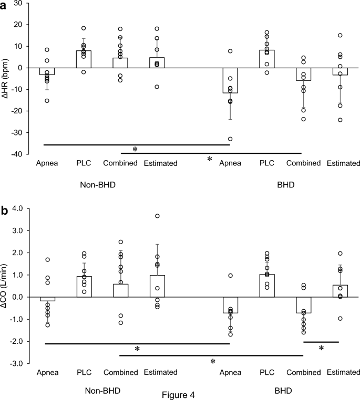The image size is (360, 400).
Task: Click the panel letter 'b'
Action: (5, 211)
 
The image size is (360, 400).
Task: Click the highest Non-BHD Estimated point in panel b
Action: (157, 216)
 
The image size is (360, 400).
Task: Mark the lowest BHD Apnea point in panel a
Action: (230, 139)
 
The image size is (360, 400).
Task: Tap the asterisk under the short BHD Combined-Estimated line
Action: (321, 348)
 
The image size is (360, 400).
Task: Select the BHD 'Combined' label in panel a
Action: (303, 163)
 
